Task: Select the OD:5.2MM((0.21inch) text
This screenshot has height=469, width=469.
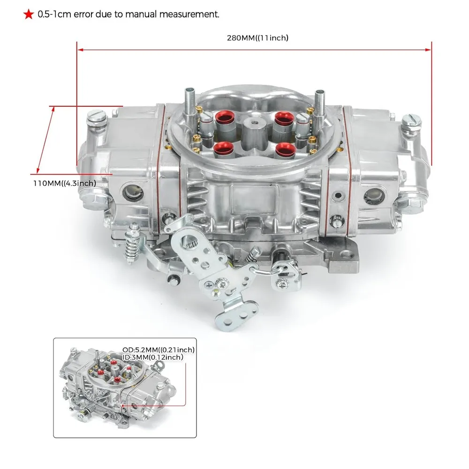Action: pos(159,349)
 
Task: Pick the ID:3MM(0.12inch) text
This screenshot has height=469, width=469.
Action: pos(153,357)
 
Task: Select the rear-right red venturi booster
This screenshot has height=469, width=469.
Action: pos(284,119)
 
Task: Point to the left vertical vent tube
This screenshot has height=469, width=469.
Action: pos(190,98)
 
